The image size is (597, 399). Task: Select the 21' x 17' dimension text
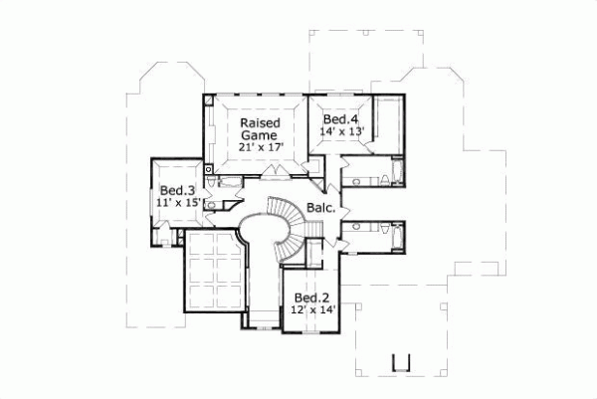click(x=261, y=146)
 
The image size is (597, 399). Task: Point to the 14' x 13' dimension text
click(x=340, y=131)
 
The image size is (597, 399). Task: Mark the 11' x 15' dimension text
click(x=179, y=202)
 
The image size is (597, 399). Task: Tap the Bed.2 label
click(x=311, y=298)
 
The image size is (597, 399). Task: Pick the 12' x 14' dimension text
click(x=311, y=309)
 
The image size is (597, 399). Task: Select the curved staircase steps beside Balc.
click(x=294, y=224)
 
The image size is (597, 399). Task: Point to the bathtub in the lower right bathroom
click(x=396, y=236)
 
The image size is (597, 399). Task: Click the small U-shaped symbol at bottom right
click(x=401, y=362)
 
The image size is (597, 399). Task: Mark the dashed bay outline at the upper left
click(x=149, y=80)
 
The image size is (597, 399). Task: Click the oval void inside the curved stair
click(x=261, y=224)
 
